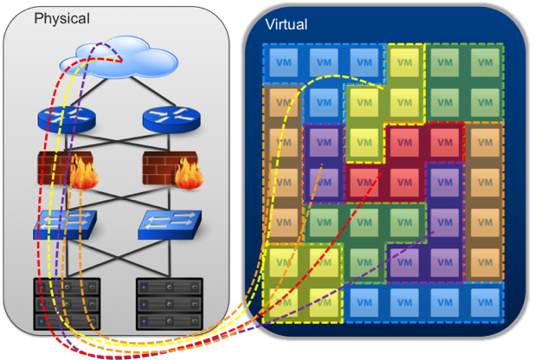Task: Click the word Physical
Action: [61, 18]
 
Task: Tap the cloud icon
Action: [118, 59]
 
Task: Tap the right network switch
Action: [170, 225]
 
